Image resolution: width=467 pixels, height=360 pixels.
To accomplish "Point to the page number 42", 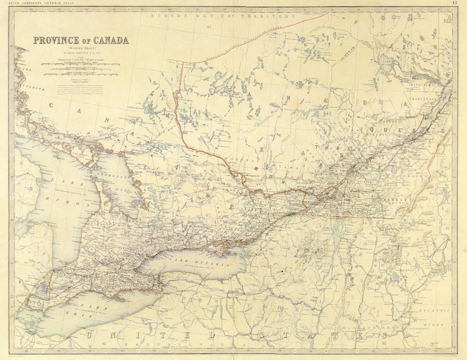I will click(454, 3).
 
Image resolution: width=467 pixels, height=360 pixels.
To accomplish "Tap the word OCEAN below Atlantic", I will click(440, 325).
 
